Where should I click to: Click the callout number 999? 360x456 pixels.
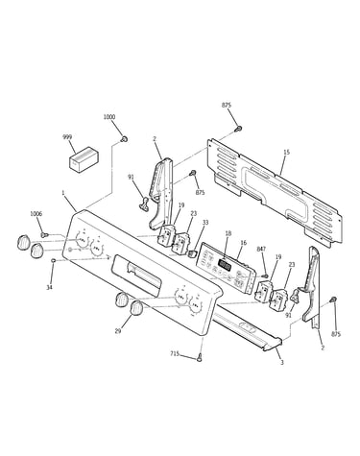[x=67, y=137]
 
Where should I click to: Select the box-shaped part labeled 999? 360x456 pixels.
[x=84, y=160]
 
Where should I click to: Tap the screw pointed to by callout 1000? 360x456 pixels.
[x=124, y=139]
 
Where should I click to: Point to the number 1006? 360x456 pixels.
[x=36, y=214]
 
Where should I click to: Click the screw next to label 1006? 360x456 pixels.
[x=45, y=235]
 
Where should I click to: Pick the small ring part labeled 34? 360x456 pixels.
[x=54, y=261]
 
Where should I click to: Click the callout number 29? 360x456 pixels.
[x=118, y=331]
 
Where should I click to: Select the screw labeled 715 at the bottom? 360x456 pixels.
[x=200, y=357]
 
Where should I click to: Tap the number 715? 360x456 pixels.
[x=175, y=354]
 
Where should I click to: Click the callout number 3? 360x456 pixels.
[x=282, y=363]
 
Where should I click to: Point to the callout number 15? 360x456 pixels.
[x=286, y=153]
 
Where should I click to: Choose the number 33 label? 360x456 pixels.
[x=205, y=223]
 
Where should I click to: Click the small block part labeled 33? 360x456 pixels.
[x=191, y=254]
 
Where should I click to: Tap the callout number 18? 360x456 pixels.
[x=228, y=233]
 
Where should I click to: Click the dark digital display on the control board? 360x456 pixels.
[x=225, y=265]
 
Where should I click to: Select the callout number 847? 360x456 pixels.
[x=261, y=249]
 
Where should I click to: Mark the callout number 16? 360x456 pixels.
[x=244, y=243]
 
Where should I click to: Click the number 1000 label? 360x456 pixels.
[x=109, y=117]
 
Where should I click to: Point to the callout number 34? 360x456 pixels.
[x=49, y=288]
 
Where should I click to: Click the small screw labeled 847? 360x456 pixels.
[x=265, y=276]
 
